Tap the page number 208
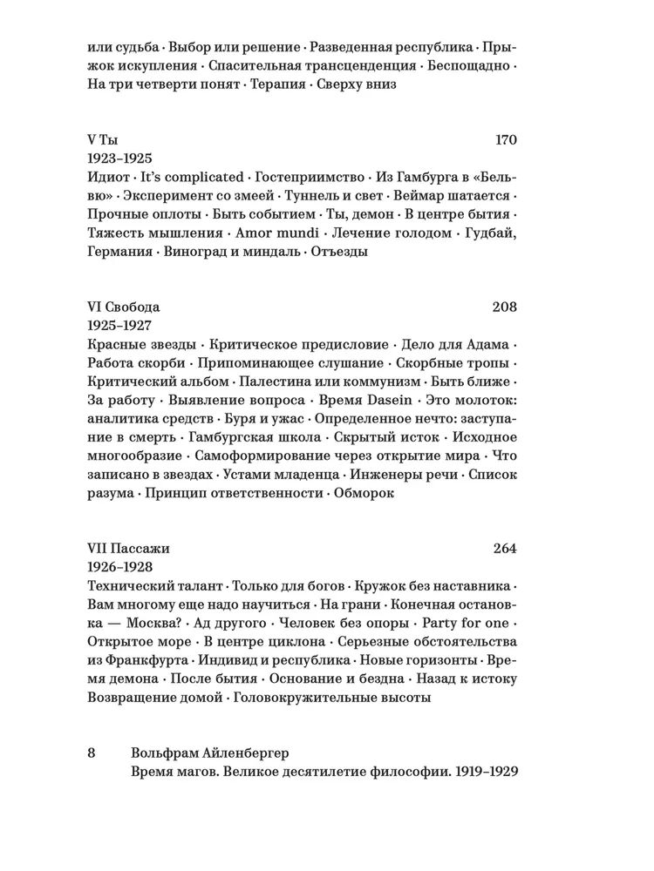505,307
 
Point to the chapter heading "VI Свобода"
124,307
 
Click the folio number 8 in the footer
92,753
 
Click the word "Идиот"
109,177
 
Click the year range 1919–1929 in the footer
478,772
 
